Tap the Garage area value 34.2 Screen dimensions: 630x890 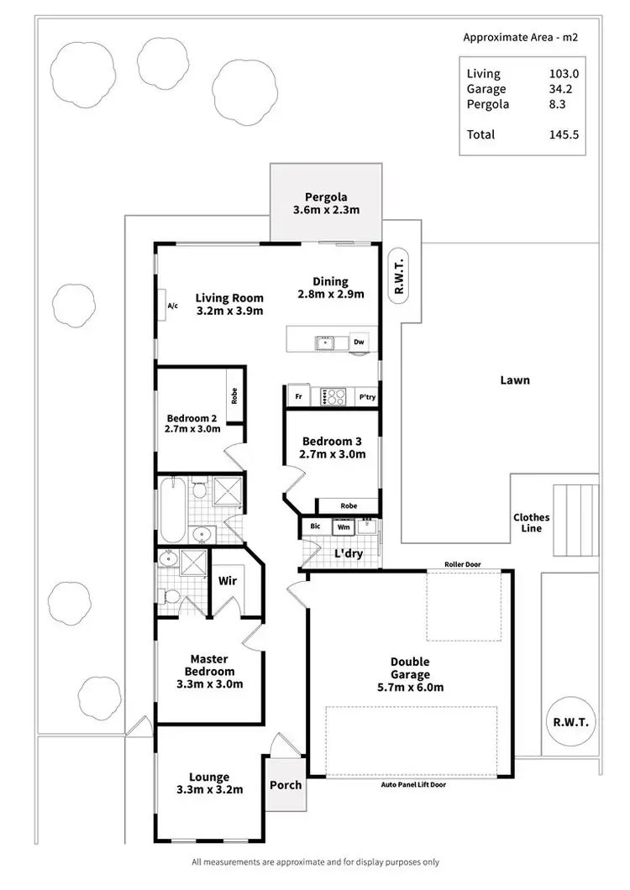pos(564,89)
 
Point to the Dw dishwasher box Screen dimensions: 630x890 pos(359,342)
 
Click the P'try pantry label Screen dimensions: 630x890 pos(366,396)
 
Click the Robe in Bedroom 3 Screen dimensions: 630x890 pos(347,506)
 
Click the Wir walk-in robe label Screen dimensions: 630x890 pos(226,580)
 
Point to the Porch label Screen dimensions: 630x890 pos(285,785)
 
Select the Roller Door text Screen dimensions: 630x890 pos(465,565)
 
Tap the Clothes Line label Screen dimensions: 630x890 pos(531,523)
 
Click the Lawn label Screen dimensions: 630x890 pos(515,380)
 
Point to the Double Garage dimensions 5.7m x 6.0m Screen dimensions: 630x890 pos(410,687)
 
